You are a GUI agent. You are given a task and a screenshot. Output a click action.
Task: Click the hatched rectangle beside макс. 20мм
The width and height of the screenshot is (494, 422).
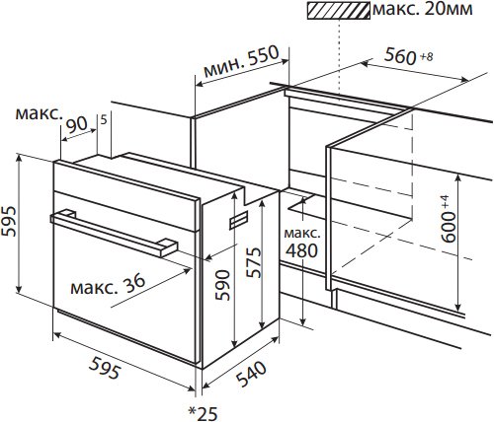338,10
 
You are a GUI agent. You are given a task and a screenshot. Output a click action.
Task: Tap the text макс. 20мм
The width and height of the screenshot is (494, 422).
423,9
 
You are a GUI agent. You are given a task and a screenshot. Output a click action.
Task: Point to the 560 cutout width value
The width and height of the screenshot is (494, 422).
401,55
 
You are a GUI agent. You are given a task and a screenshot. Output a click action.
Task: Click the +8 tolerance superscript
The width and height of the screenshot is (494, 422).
427,57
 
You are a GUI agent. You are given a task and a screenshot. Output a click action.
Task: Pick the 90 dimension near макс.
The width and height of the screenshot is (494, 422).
77,124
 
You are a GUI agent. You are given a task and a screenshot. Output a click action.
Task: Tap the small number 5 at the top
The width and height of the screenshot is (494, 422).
104,120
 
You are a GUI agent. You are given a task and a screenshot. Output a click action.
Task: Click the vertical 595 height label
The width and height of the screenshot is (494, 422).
9,221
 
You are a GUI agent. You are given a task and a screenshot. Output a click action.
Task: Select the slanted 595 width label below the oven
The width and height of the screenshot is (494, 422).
105,368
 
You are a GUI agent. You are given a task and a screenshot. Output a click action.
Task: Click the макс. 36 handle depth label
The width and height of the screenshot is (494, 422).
108,284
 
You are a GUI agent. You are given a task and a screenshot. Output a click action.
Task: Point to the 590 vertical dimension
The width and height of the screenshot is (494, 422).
222,285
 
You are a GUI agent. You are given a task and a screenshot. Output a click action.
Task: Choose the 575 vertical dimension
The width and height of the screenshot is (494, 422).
254,262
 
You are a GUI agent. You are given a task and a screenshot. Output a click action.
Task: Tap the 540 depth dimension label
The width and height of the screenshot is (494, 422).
251,374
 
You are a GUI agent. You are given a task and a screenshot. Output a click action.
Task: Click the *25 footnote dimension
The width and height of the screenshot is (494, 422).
203,413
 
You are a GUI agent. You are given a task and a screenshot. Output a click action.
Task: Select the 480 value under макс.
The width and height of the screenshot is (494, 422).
301,250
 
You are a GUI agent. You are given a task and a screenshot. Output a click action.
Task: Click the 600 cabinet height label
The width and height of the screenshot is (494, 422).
449,227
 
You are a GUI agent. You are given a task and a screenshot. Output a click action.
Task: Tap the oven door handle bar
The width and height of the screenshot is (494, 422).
114,234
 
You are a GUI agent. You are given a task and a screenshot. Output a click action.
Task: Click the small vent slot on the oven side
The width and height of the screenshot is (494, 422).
239,219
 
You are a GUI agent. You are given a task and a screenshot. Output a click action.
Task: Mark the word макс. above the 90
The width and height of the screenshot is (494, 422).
39,113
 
